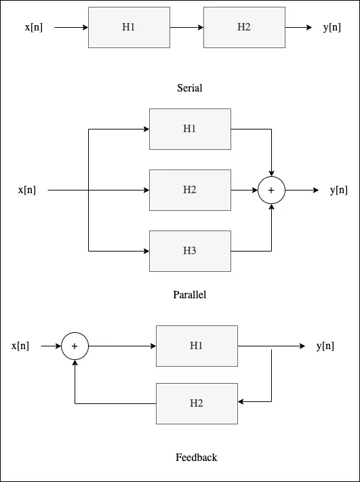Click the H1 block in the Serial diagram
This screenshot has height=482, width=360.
129,28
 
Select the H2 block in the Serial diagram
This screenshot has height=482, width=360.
244,28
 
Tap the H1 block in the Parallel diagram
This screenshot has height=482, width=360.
190,129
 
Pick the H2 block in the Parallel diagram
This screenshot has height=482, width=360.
190,190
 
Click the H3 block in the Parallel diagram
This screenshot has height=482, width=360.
190,251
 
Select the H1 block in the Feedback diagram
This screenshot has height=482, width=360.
197,346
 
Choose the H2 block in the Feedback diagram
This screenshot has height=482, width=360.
197,403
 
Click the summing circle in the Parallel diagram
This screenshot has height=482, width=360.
271,190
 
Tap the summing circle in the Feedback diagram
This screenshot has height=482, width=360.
75,346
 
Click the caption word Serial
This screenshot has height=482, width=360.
190,88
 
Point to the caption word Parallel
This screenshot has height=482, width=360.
190,295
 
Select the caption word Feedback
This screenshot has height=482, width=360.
197,458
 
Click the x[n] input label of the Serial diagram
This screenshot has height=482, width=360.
33,28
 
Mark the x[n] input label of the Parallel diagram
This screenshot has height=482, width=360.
26,190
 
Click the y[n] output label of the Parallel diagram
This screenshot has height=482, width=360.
338,190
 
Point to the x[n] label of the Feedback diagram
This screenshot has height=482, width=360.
20,346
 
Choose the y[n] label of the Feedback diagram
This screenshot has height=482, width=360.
325,346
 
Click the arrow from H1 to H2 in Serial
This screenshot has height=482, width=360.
186,28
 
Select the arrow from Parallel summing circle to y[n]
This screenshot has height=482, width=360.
302,190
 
